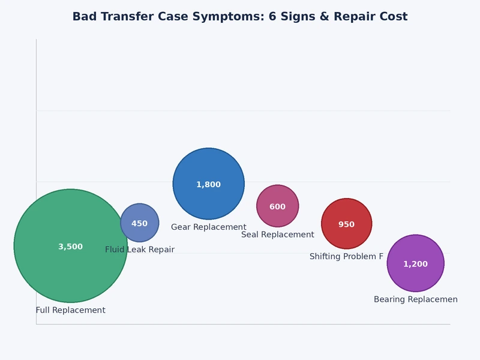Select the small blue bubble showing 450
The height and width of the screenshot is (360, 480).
coord(139,213)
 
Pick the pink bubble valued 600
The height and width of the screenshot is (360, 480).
coord(278,196)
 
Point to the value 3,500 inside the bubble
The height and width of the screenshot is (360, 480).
coord(71,247)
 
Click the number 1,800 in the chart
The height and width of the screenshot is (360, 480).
coord(209,185)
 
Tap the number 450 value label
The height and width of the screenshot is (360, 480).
coord(139,224)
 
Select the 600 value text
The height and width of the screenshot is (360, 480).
coord(278,207)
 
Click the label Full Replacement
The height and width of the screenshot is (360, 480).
coord(71,310)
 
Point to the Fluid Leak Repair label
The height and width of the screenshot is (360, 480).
coord(140,250)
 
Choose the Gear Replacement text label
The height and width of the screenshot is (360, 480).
coord(209,227)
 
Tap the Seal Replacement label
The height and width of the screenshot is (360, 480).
coord(278,235)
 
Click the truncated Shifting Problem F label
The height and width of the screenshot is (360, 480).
coord(347,257)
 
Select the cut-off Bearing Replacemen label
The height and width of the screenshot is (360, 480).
coord(416,299)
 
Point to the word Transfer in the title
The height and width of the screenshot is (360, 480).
coord(131,17)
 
